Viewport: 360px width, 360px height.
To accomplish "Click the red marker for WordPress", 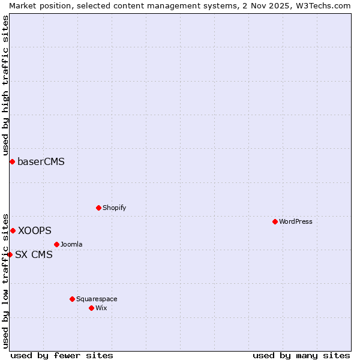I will point(275,221).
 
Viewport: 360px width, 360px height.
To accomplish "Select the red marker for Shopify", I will point(98,208).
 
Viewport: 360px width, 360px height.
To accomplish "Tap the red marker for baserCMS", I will point(12,161).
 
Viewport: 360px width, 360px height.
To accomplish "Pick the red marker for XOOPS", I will point(13,230).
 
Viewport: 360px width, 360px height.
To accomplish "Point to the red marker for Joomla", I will point(56,244).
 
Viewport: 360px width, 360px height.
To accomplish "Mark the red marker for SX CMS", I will point(10,254).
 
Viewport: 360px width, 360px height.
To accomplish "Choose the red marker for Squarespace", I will point(72,299).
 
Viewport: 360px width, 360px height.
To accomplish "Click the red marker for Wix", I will point(91,308).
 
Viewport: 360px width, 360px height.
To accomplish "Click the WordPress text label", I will point(296,221).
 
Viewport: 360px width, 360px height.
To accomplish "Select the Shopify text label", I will point(114,208).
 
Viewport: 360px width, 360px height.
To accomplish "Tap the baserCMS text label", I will point(41,161).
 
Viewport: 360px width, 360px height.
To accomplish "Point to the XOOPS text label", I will point(34,230).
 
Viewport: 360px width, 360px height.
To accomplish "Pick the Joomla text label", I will point(71,244).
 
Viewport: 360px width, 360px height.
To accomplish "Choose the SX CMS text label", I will point(34,254).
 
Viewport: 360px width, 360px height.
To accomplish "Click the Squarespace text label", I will point(97,299).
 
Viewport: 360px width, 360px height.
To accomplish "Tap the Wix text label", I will point(101,308).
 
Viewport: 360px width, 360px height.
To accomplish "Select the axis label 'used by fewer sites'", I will point(62,355).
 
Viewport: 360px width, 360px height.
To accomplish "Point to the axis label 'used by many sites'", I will point(301,355).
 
